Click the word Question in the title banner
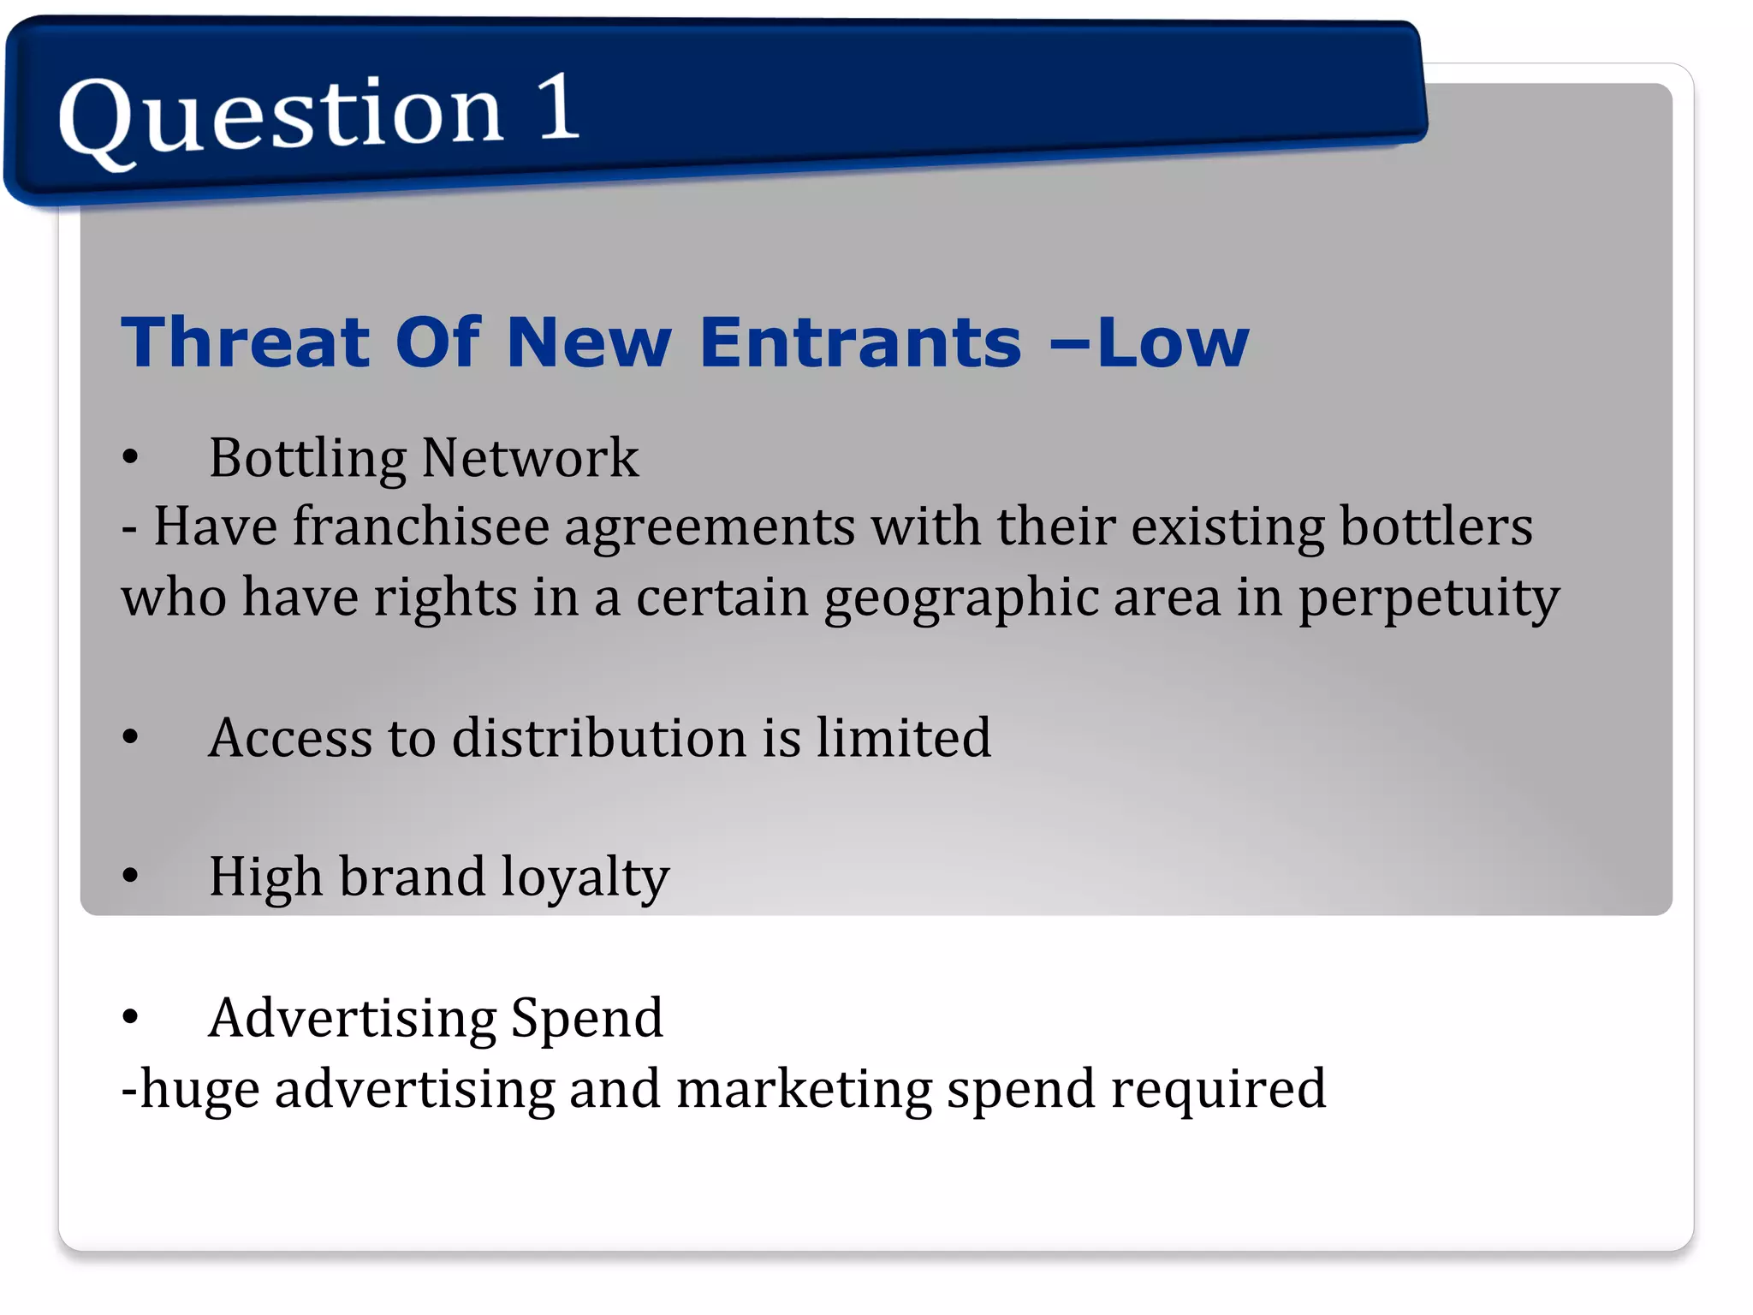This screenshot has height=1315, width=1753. click(280, 115)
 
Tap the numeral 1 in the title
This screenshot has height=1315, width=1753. click(559, 106)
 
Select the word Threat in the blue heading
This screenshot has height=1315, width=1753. click(245, 342)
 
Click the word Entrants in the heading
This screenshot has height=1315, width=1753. click(860, 342)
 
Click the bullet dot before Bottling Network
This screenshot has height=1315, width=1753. click(130, 457)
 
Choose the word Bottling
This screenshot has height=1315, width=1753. click(307, 459)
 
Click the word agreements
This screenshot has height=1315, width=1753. click(710, 527)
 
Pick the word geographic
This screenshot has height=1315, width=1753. click(960, 599)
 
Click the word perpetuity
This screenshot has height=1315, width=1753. click(1429, 599)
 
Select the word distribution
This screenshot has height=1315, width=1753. click(599, 737)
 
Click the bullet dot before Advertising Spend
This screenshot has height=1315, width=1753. click(130, 1017)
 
